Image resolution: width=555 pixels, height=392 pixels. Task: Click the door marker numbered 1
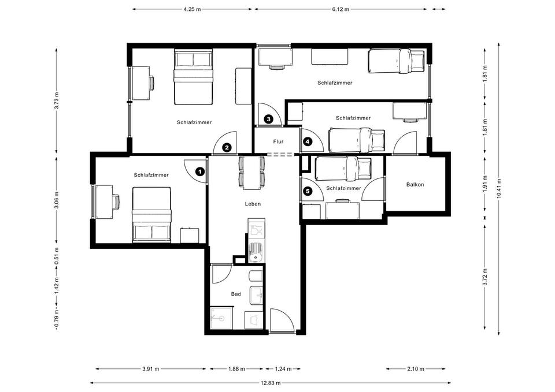point(201,172)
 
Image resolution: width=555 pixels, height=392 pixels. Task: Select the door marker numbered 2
point(227,148)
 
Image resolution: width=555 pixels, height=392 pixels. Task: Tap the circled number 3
point(269,119)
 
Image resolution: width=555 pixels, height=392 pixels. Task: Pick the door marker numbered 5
point(308,192)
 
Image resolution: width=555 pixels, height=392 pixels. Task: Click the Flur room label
point(278,142)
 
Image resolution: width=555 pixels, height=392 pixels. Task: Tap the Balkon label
point(415,185)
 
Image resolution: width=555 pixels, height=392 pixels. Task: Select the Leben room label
point(253,204)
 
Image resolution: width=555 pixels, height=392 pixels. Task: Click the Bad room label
point(236,294)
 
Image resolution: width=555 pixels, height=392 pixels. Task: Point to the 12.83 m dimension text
point(271,383)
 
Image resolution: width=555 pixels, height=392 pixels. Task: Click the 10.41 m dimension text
point(499,188)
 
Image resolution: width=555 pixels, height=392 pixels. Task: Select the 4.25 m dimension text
point(192,10)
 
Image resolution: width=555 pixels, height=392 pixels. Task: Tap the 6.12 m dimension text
point(341,10)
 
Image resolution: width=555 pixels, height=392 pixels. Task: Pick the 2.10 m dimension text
point(416,369)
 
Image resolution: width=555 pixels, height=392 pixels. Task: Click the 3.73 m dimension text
point(57,100)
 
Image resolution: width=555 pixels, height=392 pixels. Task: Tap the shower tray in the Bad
point(221,319)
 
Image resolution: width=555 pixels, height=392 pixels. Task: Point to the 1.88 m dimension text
point(236,369)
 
